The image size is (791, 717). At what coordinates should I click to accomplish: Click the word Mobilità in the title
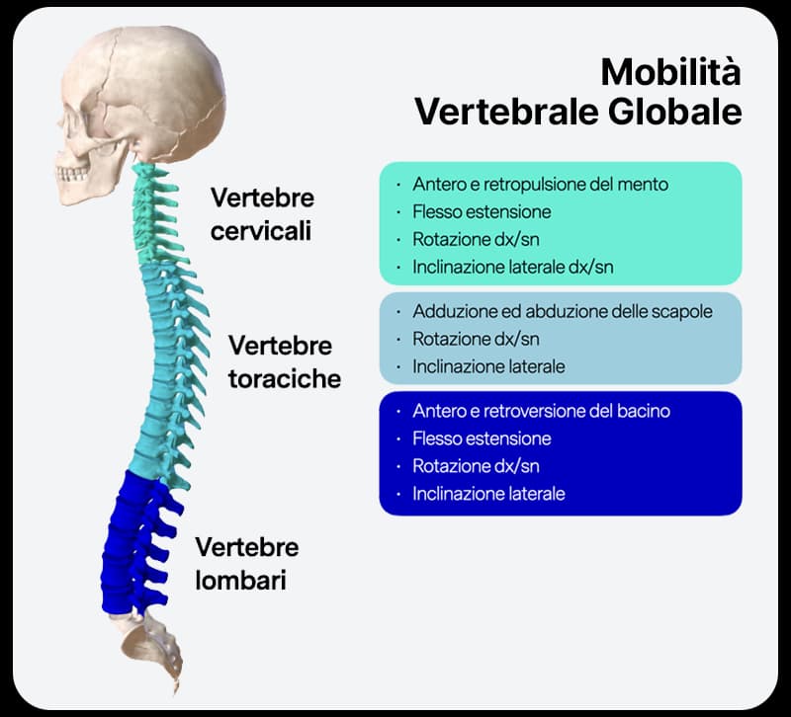point(670,73)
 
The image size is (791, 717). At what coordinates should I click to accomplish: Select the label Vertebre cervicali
point(261,214)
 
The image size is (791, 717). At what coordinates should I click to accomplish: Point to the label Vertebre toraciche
point(285,362)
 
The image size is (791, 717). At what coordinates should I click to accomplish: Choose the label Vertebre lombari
point(247,563)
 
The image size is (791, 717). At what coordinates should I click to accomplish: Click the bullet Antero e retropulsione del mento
point(540,185)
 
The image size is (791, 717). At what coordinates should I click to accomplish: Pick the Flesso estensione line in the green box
point(482,212)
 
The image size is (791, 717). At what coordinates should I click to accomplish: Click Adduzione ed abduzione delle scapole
point(563,311)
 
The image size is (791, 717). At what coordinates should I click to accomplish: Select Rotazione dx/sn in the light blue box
point(476,339)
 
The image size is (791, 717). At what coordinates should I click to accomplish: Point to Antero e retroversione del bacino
point(541,411)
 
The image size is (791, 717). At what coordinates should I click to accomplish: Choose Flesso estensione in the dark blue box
point(482,438)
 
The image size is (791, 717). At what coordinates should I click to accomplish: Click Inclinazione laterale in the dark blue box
point(488,493)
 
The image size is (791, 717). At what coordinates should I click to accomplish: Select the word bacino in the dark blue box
point(643,411)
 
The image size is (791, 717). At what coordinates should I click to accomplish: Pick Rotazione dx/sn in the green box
point(476,240)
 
